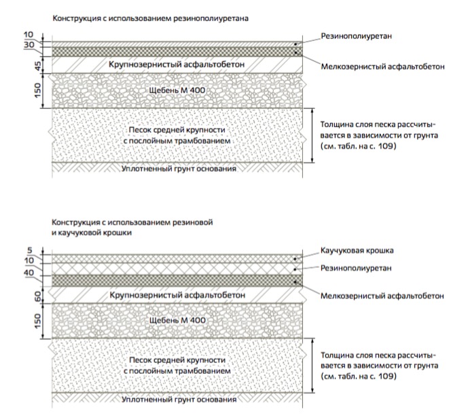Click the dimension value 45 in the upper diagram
pyautogui.click(x=38, y=66)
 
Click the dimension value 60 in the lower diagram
pyautogui.click(x=38, y=296)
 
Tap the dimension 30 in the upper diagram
pyautogui.click(x=29, y=45)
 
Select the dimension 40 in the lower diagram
pyautogui.click(x=29, y=273)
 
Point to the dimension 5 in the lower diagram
pyautogui.click(x=30, y=250)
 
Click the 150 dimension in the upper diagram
pyautogui.click(x=38, y=90)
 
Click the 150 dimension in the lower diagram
pyautogui.click(x=38, y=321)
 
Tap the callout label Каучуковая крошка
pyautogui.click(x=357, y=250)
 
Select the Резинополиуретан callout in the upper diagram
pyautogui.click(x=357, y=36)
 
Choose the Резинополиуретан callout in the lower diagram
pyautogui.click(x=356, y=268)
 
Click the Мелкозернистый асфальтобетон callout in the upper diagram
pyautogui.click(x=383, y=67)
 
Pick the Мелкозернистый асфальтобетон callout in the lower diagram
pyautogui.click(x=382, y=296)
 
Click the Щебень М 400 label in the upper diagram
pyautogui.click(x=177, y=90)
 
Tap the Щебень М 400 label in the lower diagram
pyautogui.click(x=177, y=320)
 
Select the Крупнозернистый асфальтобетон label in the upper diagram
pyautogui.click(x=177, y=64)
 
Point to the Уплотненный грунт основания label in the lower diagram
pyautogui.click(x=179, y=400)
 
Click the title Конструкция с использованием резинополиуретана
pyautogui.click(x=150, y=18)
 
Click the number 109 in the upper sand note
pyautogui.click(x=386, y=146)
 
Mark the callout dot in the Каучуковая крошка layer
pyautogui.click(x=295, y=259)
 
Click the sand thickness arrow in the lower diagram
pyautogui.click(x=312, y=366)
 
